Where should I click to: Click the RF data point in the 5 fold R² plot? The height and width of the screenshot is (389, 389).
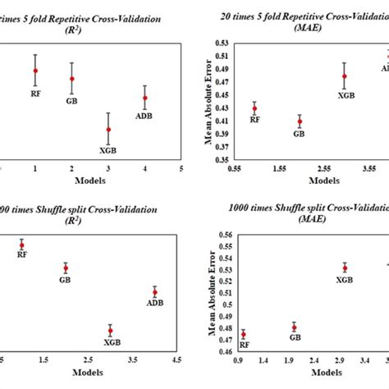[35, 71]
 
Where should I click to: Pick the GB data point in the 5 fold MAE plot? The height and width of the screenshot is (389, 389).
[300, 121]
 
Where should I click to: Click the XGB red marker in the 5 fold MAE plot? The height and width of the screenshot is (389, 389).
[345, 76]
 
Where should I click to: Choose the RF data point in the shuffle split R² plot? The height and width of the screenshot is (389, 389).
[22, 245]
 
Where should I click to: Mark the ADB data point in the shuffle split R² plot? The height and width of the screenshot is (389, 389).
[154, 292]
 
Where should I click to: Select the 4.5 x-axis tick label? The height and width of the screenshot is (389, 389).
[176, 359]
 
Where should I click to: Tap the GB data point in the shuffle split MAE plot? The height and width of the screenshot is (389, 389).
[295, 327]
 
